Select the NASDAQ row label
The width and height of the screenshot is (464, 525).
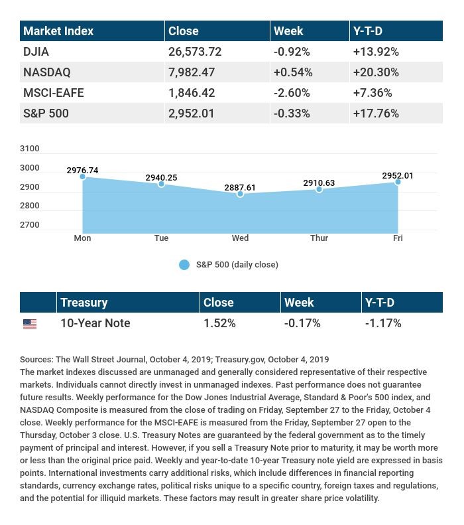pos(46,72)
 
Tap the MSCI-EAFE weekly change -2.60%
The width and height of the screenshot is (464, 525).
pos(292,93)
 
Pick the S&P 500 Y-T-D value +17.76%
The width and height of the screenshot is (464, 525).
pos(376,113)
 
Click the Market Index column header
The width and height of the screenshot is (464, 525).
pos(58,31)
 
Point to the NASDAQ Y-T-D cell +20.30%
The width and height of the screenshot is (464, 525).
pos(376,72)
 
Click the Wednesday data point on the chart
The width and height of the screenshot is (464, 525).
pos(240,194)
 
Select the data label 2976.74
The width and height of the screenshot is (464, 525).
pos(82,171)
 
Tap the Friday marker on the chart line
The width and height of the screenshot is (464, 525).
pos(398,182)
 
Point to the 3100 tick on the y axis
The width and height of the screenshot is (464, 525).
pos(30,149)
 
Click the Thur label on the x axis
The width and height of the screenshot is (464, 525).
pos(319,238)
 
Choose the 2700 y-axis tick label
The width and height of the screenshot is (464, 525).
pos(30,225)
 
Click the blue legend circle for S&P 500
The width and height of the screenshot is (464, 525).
pos(184,265)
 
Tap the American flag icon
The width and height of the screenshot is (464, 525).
pos(30,324)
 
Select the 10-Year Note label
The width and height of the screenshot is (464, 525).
pos(95,324)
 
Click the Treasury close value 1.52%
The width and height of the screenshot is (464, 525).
pos(219,324)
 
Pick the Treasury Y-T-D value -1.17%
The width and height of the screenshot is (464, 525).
pos(383,324)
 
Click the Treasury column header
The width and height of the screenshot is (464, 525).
pos(84,303)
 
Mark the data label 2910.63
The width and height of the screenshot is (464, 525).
pos(319,183)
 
